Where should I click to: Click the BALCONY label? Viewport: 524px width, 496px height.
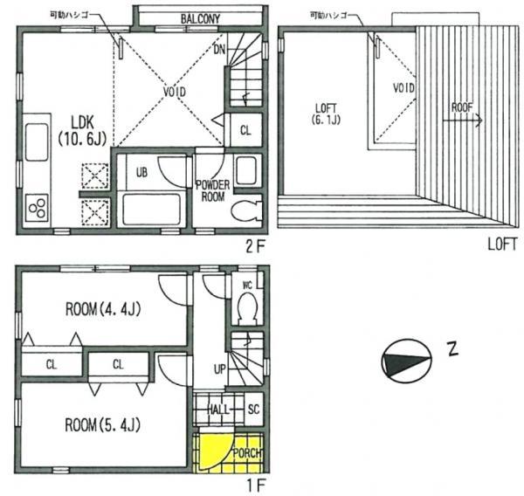[200, 17]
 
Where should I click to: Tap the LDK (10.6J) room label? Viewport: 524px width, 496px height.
[79, 129]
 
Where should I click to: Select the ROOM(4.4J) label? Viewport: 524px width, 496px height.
[103, 308]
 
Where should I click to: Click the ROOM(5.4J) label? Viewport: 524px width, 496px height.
[103, 425]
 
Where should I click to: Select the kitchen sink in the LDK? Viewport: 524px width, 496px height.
[38, 143]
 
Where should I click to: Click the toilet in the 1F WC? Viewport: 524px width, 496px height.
[247, 307]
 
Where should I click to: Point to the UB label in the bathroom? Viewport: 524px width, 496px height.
[142, 172]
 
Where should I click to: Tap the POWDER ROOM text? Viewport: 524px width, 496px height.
[212, 190]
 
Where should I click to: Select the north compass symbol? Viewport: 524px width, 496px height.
[406, 360]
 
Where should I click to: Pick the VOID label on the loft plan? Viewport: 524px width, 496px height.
[403, 88]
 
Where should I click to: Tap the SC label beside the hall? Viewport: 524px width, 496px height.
[253, 409]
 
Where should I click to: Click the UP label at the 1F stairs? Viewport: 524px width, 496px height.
[220, 369]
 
